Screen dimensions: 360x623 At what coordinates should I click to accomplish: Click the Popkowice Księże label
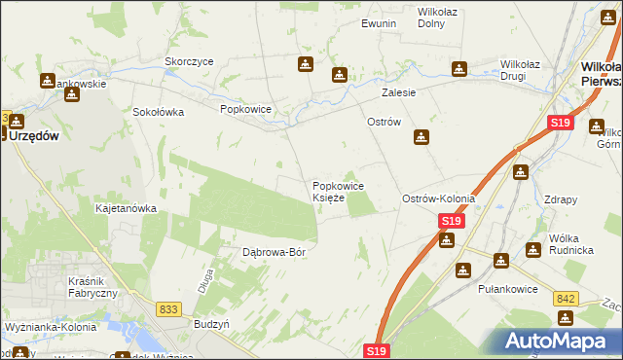338,192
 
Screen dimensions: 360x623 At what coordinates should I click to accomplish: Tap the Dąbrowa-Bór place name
274,252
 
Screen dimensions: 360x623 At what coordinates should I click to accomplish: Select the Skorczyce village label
189,60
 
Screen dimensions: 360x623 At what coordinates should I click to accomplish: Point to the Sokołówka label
159,112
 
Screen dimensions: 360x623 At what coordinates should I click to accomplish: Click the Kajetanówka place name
126,208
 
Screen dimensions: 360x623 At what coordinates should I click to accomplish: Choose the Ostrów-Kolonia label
438,198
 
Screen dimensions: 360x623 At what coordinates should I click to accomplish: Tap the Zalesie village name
398,92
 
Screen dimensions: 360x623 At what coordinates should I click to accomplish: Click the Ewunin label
379,23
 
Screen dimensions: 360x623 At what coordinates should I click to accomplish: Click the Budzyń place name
211,323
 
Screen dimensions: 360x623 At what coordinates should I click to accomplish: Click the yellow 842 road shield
568,299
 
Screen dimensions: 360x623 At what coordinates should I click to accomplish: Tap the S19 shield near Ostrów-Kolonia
449,222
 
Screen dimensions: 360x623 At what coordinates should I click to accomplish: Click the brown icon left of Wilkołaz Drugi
458,68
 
